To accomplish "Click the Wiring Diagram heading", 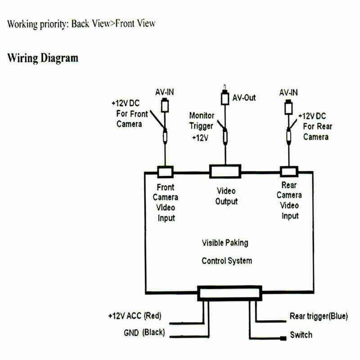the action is pyautogui.click(x=43, y=58).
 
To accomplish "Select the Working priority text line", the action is pyautogui.click(x=81, y=24).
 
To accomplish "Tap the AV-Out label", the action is pyautogui.click(x=244, y=98).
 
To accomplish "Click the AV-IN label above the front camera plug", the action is pyautogui.click(x=165, y=92).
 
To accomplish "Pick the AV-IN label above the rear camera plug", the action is pyautogui.click(x=288, y=93).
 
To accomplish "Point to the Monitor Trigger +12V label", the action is pyautogui.click(x=202, y=126).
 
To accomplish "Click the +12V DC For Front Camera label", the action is pyautogui.click(x=130, y=114).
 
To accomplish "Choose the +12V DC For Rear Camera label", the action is pyautogui.click(x=315, y=126).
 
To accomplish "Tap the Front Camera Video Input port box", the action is pyautogui.click(x=165, y=172).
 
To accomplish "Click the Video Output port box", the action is pyautogui.click(x=225, y=171).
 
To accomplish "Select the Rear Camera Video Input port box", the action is pyautogui.click(x=289, y=172).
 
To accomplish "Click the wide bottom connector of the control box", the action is pyautogui.click(x=229, y=293).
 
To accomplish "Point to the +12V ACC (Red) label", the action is pyautogui.click(x=135, y=316).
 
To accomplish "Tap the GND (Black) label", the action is pyautogui.click(x=144, y=333).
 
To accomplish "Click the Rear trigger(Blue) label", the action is pyautogui.click(x=319, y=316).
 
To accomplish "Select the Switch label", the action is pyautogui.click(x=301, y=335).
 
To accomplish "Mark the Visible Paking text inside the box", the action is pyautogui.click(x=225, y=243).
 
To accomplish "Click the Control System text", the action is pyautogui.click(x=227, y=261).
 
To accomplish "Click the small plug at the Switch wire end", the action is pyautogui.click(x=283, y=338).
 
